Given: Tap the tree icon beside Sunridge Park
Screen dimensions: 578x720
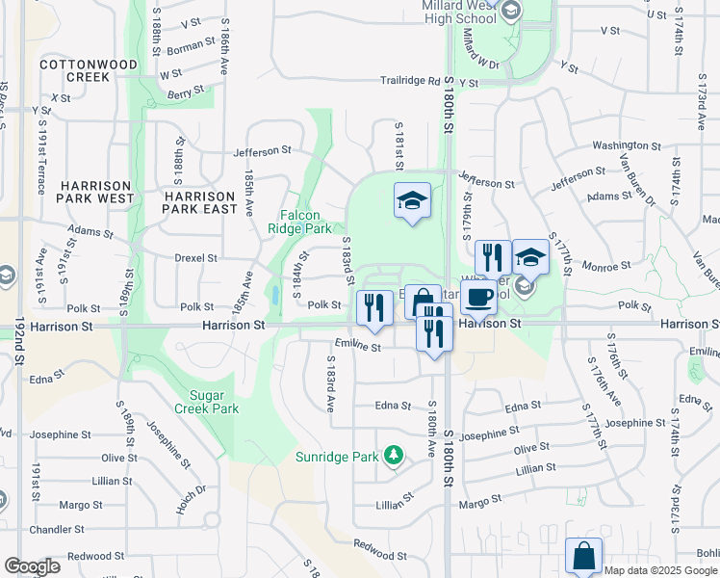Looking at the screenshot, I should pos(392,454).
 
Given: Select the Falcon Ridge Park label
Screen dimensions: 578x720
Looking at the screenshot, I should pos(306,222).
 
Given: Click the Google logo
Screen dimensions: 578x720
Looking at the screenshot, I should pos(32,565).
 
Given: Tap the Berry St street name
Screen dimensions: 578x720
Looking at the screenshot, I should pos(187,92).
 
